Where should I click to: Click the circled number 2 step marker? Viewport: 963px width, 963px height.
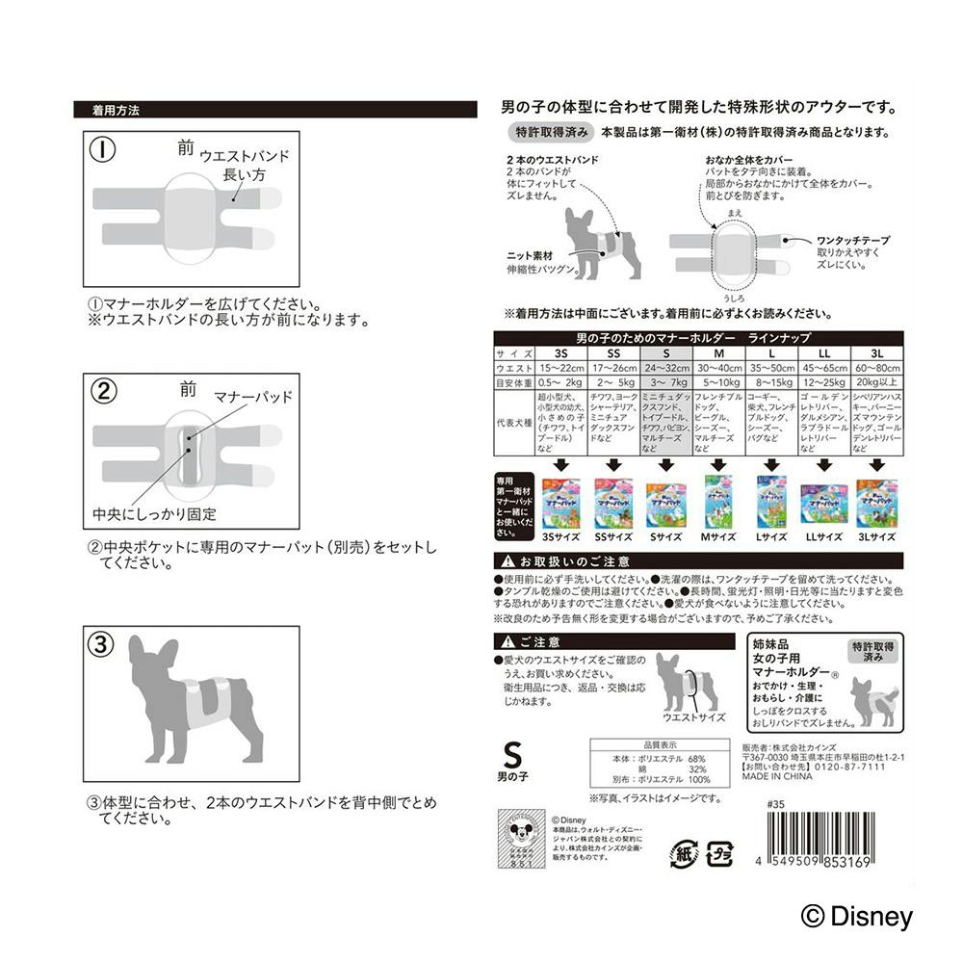(x=104, y=392)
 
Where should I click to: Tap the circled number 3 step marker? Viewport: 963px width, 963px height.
(x=104, y=642)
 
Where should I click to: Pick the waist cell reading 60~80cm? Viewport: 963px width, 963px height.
(x=875, y=368)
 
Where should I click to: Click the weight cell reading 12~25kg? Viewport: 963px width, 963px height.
(x=822, y=382)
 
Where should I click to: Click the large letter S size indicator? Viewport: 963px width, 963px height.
(x=511, y=753)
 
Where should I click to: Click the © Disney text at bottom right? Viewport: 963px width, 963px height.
(x=855, y=917)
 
